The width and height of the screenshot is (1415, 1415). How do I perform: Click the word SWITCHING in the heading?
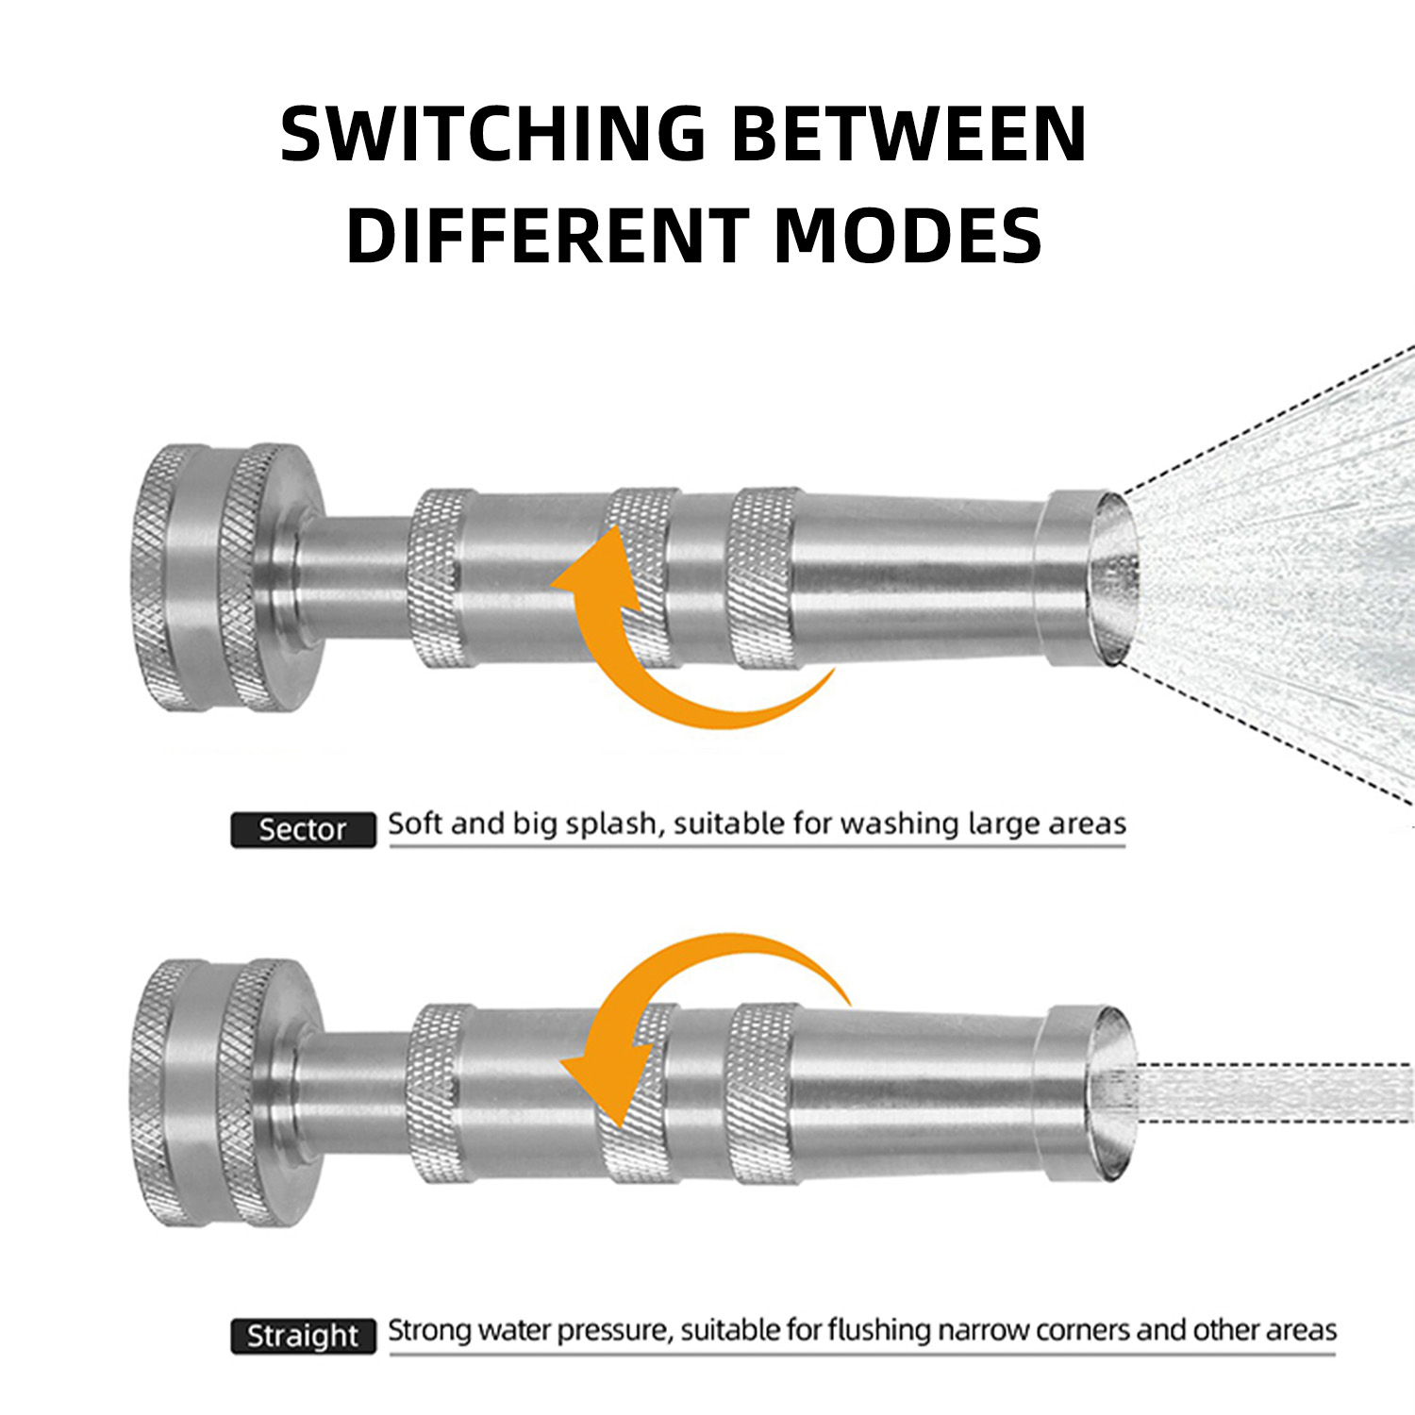[x=493, y=133]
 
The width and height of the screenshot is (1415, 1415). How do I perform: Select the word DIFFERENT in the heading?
[x=548, y=235]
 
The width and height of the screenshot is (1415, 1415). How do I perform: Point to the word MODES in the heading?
[x=907, y=235]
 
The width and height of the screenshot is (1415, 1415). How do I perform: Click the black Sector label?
[x=303, y=829]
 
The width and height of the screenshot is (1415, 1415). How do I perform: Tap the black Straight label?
[x=303, y=1336]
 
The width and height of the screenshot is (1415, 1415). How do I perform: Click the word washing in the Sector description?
[x=899, y=824]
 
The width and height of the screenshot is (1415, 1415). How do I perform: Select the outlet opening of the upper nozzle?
[x=1112, y=578]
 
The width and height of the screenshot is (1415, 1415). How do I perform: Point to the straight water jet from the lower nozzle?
[x=1273, y=1092]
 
